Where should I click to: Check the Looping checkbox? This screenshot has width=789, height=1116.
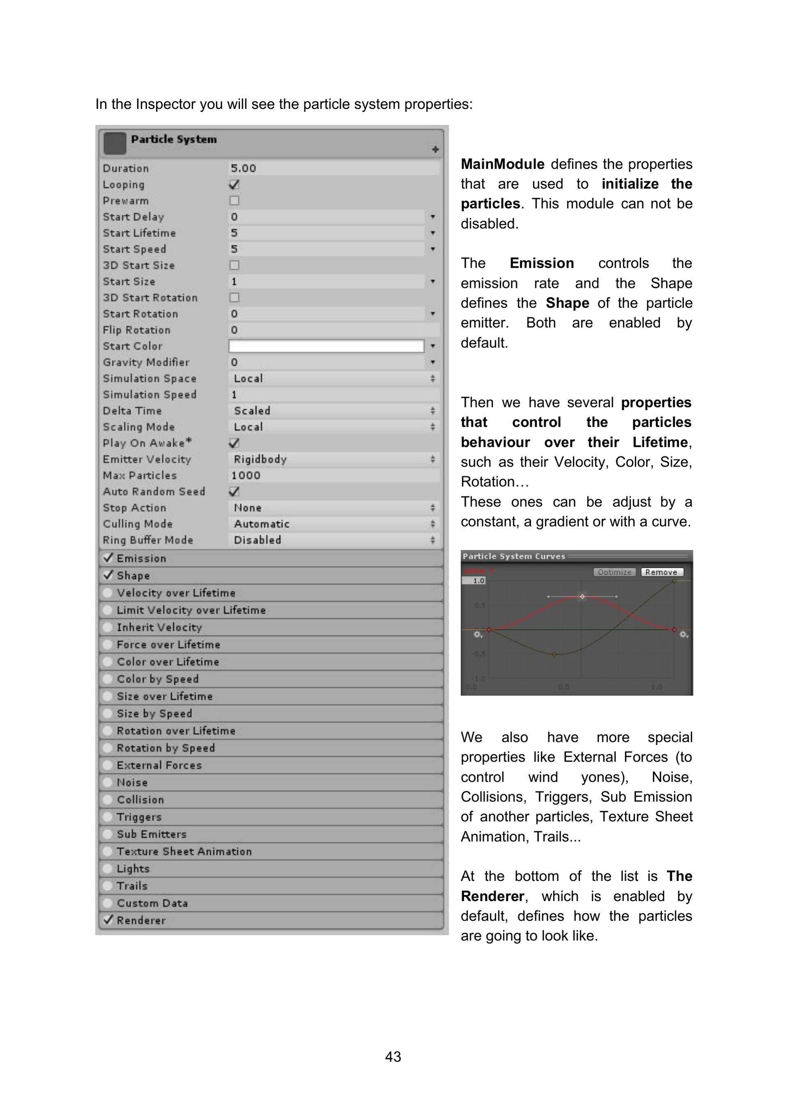tap(234, 185)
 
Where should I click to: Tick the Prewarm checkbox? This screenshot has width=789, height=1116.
tap(234, 201)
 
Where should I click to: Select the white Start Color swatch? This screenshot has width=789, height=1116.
tap(326, 346)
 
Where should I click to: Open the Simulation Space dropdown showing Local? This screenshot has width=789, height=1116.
tap(333, 379)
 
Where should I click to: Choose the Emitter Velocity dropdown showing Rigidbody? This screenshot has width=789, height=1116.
tap(333, 459)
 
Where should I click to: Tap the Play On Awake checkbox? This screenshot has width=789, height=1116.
tap(234, 443)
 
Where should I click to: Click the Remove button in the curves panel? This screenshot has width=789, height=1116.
tap(661, 572)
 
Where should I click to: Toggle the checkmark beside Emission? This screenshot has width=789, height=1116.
tap(108, 557)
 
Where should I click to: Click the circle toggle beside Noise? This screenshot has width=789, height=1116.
tap(107, 782)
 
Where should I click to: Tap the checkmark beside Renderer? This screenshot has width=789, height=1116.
tap(108, 920)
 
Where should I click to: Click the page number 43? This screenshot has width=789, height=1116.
tap(393, 1056)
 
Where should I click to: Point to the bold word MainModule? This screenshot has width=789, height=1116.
tap(502, 164)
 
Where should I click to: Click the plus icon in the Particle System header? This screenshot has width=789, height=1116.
tap(435, 149)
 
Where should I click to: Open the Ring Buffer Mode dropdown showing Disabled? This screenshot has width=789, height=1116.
tap(333, 540)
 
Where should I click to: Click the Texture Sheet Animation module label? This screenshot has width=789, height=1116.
tap(184, 851)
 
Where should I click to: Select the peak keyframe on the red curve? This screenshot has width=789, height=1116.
tap(582, 596)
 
